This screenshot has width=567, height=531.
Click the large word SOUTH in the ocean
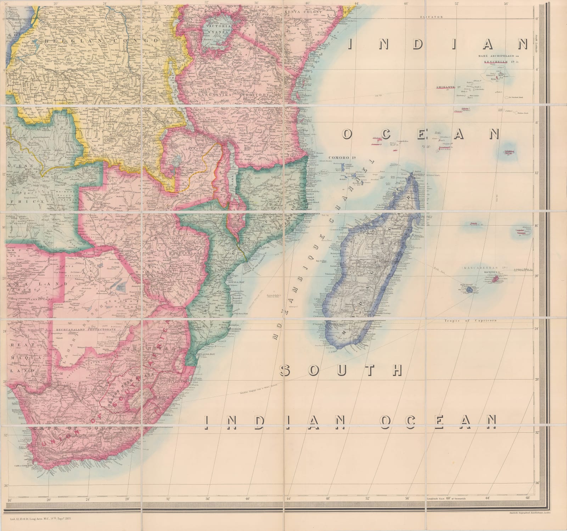342,371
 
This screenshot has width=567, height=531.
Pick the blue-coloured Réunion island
469,290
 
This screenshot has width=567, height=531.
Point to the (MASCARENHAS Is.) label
480,267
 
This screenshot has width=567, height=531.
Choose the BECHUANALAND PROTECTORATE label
86,330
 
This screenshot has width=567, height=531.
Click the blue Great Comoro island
343,166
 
